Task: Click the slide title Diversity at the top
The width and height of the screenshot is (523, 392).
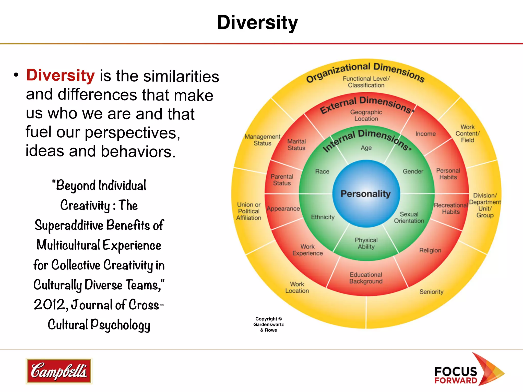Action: (x=257, y=22)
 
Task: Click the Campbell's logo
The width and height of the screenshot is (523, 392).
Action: (x=59, y=371)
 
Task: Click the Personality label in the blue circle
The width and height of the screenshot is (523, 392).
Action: (x=366, y=194)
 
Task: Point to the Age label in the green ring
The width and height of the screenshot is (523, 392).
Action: (x=366, y=148)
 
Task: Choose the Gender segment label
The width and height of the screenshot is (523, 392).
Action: (x=413, y=171)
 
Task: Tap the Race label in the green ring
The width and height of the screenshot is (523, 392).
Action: (x=322, y=171)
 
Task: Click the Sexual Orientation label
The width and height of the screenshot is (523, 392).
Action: (x=409, y=218)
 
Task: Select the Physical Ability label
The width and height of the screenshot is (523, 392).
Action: (x=366, y=243)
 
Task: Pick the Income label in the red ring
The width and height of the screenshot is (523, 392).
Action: (x=425, y=134)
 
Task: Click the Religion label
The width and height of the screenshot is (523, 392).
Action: (x=430, y=250)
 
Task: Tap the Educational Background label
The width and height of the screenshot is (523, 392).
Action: (x=366, y=278)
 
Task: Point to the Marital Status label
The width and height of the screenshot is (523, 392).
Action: (x=296, y=145)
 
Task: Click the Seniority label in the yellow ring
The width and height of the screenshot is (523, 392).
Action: (x=431, y=292)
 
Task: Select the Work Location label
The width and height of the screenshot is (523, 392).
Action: (x=297, y=287)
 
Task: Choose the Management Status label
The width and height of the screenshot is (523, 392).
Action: (x=263, y=140)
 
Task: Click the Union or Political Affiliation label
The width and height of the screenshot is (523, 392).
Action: (x=249, y=211)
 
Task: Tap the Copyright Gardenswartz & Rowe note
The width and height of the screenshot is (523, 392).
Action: (x=269, y=324)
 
